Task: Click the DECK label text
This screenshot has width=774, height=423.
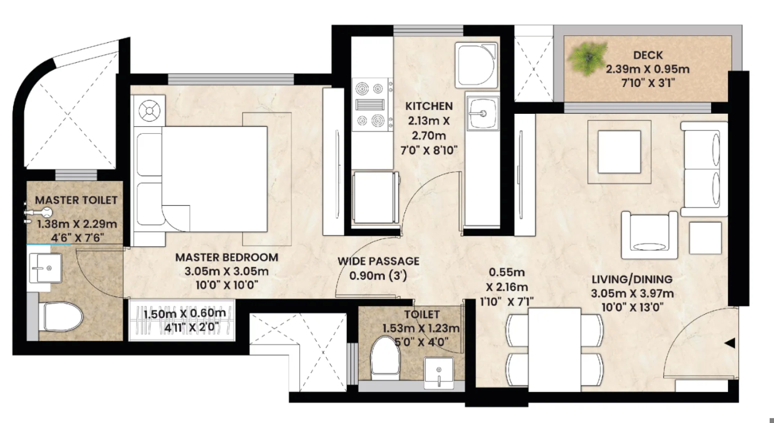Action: [647, 55]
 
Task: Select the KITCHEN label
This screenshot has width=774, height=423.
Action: [429, 106]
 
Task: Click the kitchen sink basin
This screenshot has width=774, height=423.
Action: [483, 113]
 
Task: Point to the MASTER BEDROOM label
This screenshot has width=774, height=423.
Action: [227, 257]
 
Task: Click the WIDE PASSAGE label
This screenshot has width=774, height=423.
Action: [378, 261]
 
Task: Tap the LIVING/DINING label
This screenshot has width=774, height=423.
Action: [632, 279]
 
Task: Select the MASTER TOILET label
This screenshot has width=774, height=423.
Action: [76, 200]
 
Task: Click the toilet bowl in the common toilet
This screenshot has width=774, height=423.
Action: [385, 356]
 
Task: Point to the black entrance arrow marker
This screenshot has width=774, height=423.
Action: [729, 343]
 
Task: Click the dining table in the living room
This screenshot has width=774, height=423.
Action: [554, 349]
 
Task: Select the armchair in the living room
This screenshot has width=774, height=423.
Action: [648, 235]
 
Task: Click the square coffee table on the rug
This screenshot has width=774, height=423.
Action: [619, 151]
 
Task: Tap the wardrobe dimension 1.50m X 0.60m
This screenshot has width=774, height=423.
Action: [185, 313]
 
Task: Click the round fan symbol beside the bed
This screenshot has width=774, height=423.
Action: [150, 111]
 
